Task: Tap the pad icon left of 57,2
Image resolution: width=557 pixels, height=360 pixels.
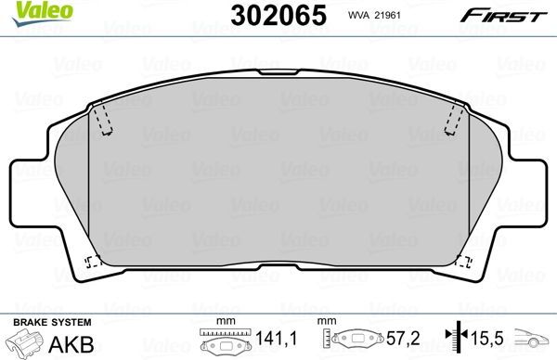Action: pos(358,341)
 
